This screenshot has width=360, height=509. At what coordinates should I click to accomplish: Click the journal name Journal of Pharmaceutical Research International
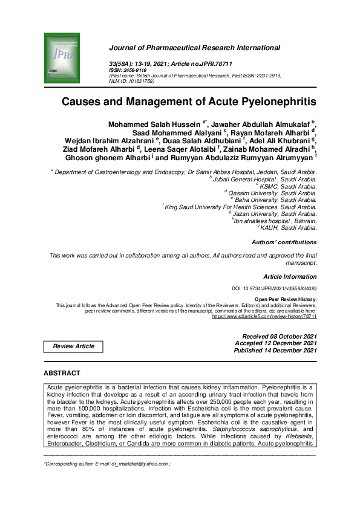pos(194,48)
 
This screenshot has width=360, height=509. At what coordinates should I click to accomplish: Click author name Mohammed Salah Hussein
pos(154,125)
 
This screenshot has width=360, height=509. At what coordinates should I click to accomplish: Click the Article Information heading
pos(290,276)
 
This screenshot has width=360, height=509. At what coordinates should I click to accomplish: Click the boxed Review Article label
pos(74,346)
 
